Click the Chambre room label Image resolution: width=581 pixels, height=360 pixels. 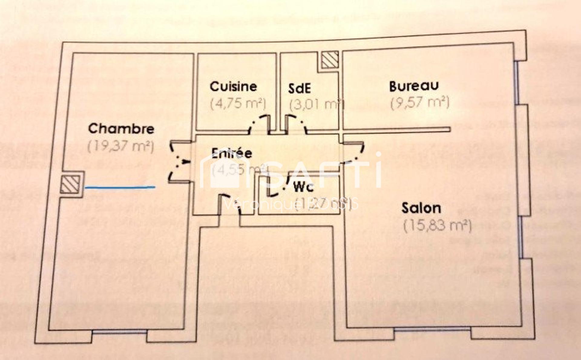[121, 129]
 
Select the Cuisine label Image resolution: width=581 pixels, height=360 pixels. [233, 87]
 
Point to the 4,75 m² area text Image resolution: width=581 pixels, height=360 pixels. [238, 104]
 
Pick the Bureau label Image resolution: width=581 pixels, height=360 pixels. [413, 86]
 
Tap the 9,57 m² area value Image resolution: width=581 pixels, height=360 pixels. [420, 103]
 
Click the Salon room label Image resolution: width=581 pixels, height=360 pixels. [421, 208]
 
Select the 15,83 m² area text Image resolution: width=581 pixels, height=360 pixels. [437, 226]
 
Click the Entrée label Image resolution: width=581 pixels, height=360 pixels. [232, 153]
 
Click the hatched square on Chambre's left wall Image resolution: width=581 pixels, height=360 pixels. [70, 184]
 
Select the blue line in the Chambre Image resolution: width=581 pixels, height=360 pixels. [120, 188]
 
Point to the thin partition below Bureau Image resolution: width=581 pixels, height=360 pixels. [396, 129]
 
